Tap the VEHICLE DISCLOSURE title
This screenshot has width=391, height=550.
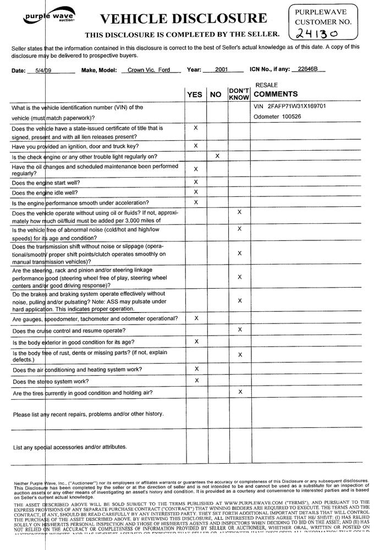[x=183, y=19]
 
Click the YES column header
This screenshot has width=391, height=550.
[x=195, y=95]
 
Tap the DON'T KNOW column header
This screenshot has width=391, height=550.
[x=239, y=94]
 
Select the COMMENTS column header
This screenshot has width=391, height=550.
[x=276, y=94]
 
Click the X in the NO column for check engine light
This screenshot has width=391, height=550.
[x=217, y=156]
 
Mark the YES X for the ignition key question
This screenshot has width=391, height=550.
[x=196, y=146]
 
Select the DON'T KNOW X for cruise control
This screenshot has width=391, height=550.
[x=240, y=329]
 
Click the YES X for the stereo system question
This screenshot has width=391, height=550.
[x=196, y=380]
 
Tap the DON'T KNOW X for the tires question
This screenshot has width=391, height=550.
[x=240, y=392]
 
